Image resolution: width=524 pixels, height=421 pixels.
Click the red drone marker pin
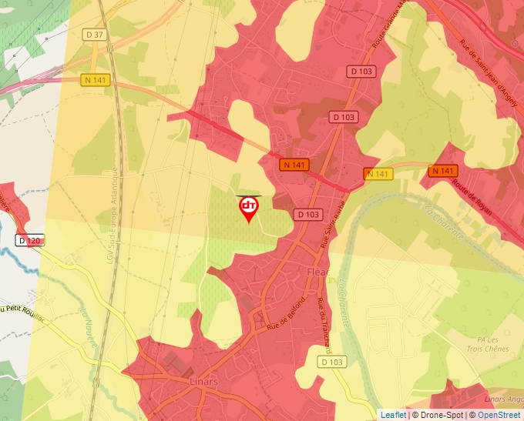[x=249, y=209]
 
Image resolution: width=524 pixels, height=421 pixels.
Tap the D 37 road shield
[x=95, y=35]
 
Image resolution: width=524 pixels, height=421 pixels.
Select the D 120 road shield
[x=29, y=241]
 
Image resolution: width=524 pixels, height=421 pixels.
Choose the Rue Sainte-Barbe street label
[x=331, y=224]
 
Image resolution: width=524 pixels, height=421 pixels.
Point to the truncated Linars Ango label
[x=502, y=398]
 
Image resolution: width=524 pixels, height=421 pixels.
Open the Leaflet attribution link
[x=393, y=415]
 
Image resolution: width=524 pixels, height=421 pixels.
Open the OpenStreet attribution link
[x=499, y=415]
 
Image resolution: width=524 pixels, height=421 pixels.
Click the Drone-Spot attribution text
[x=439, y=415]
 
